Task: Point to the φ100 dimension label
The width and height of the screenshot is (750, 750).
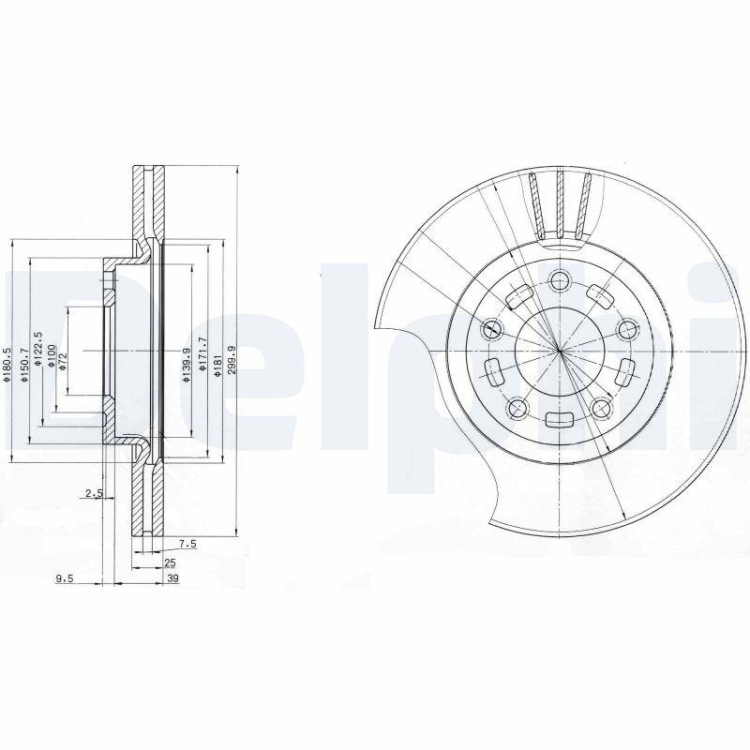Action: (52, 357)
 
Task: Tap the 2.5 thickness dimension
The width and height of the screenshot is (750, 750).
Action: (93, 493)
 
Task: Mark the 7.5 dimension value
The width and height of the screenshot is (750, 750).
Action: (187, 543)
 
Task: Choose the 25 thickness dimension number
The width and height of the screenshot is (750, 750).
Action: (170, 562)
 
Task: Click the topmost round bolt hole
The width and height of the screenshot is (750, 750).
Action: (560, 279)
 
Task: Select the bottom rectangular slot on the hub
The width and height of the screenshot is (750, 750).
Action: (560, 421)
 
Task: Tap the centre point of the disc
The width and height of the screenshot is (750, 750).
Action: (559, 351)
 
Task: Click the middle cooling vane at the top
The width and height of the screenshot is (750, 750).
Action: (560, 205)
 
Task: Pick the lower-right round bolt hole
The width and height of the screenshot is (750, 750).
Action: (602, 408)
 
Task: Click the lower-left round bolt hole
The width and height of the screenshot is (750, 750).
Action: (517, 408)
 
